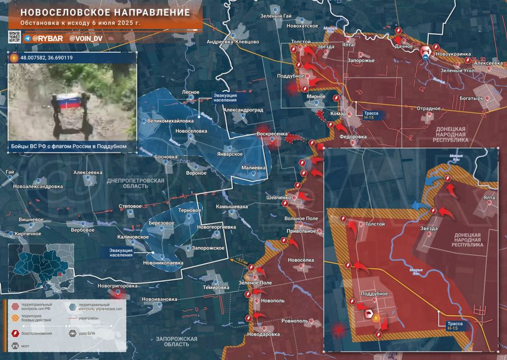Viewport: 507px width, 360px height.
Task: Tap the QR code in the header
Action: (14, 37)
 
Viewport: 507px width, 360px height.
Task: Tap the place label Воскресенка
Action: (271, 134)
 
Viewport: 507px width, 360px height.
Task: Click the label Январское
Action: (229, 154)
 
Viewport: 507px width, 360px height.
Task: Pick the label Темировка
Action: (215, 288)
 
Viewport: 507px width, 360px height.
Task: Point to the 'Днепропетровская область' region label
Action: (136, 183)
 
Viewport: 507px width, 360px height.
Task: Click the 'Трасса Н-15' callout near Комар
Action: (369, 116)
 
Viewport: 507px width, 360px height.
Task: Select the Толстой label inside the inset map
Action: (375, 224)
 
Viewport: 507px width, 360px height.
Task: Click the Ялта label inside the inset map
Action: (489, 197)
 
